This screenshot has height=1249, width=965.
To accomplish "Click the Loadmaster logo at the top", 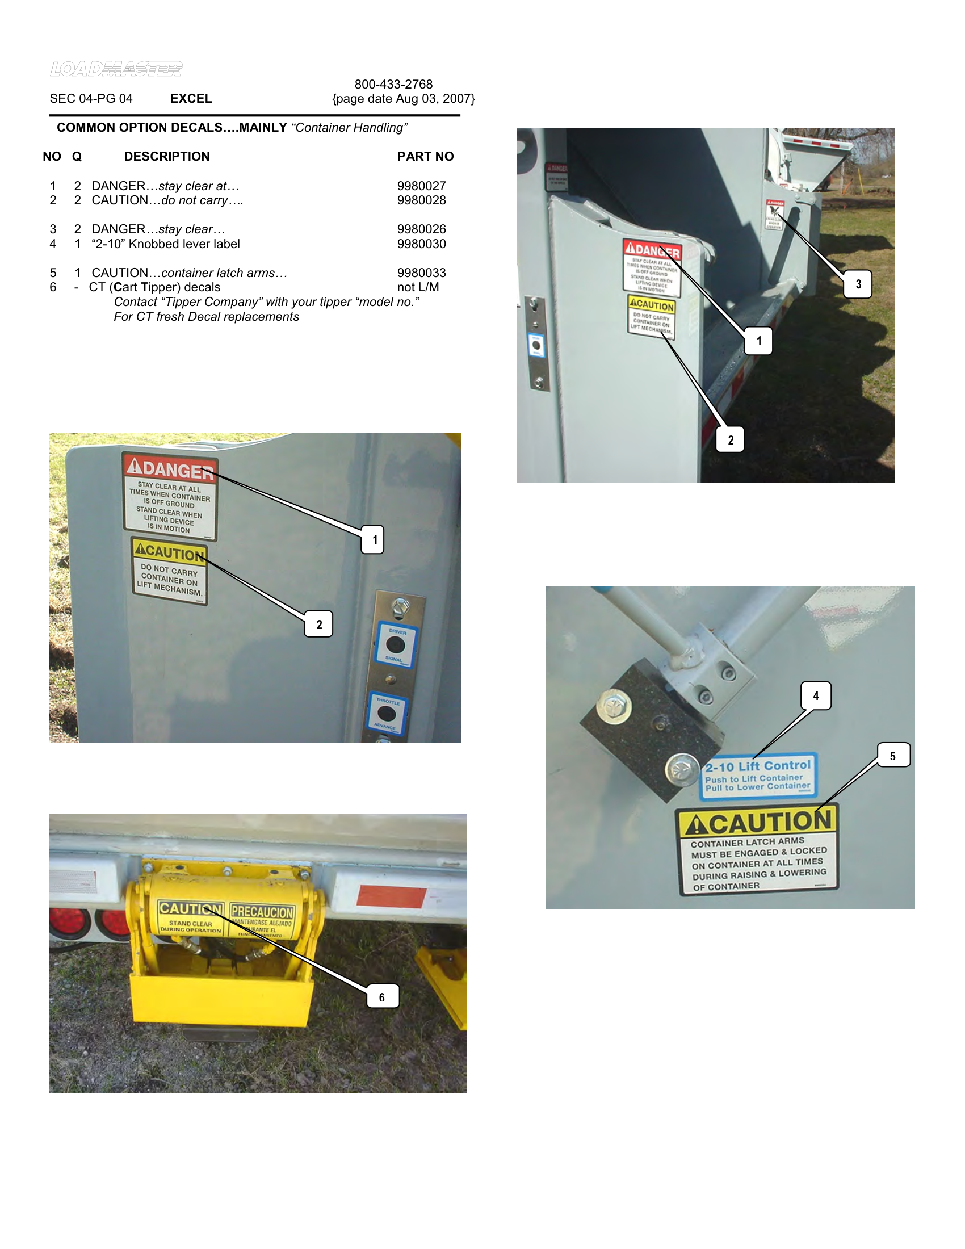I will tap(116, 69).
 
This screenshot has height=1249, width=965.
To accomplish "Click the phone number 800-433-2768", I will tap(393, 84).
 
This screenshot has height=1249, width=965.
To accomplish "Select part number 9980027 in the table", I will tap(421, 186).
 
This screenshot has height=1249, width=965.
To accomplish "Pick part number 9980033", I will tap(421, 273).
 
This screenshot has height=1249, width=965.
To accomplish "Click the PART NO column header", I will tap(425, 156).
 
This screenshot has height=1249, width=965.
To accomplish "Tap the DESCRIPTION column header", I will tap(166, 156).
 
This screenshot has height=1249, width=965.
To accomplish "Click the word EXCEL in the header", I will tap(191, 98).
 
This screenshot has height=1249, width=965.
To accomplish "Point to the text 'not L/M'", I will tap(418, 287).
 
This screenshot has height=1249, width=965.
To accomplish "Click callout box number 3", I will tap(858, 284).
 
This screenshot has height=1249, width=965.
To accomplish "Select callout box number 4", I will tap(816, 695).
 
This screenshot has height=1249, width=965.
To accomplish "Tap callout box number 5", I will tap(893, 756).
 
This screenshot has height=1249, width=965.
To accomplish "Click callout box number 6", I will tap(382, 997).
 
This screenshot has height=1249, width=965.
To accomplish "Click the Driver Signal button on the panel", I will tap(396, 645).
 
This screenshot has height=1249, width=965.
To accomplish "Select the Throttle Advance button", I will tap(387, 714).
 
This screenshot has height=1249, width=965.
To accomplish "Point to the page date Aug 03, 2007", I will tap(403, 98).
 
